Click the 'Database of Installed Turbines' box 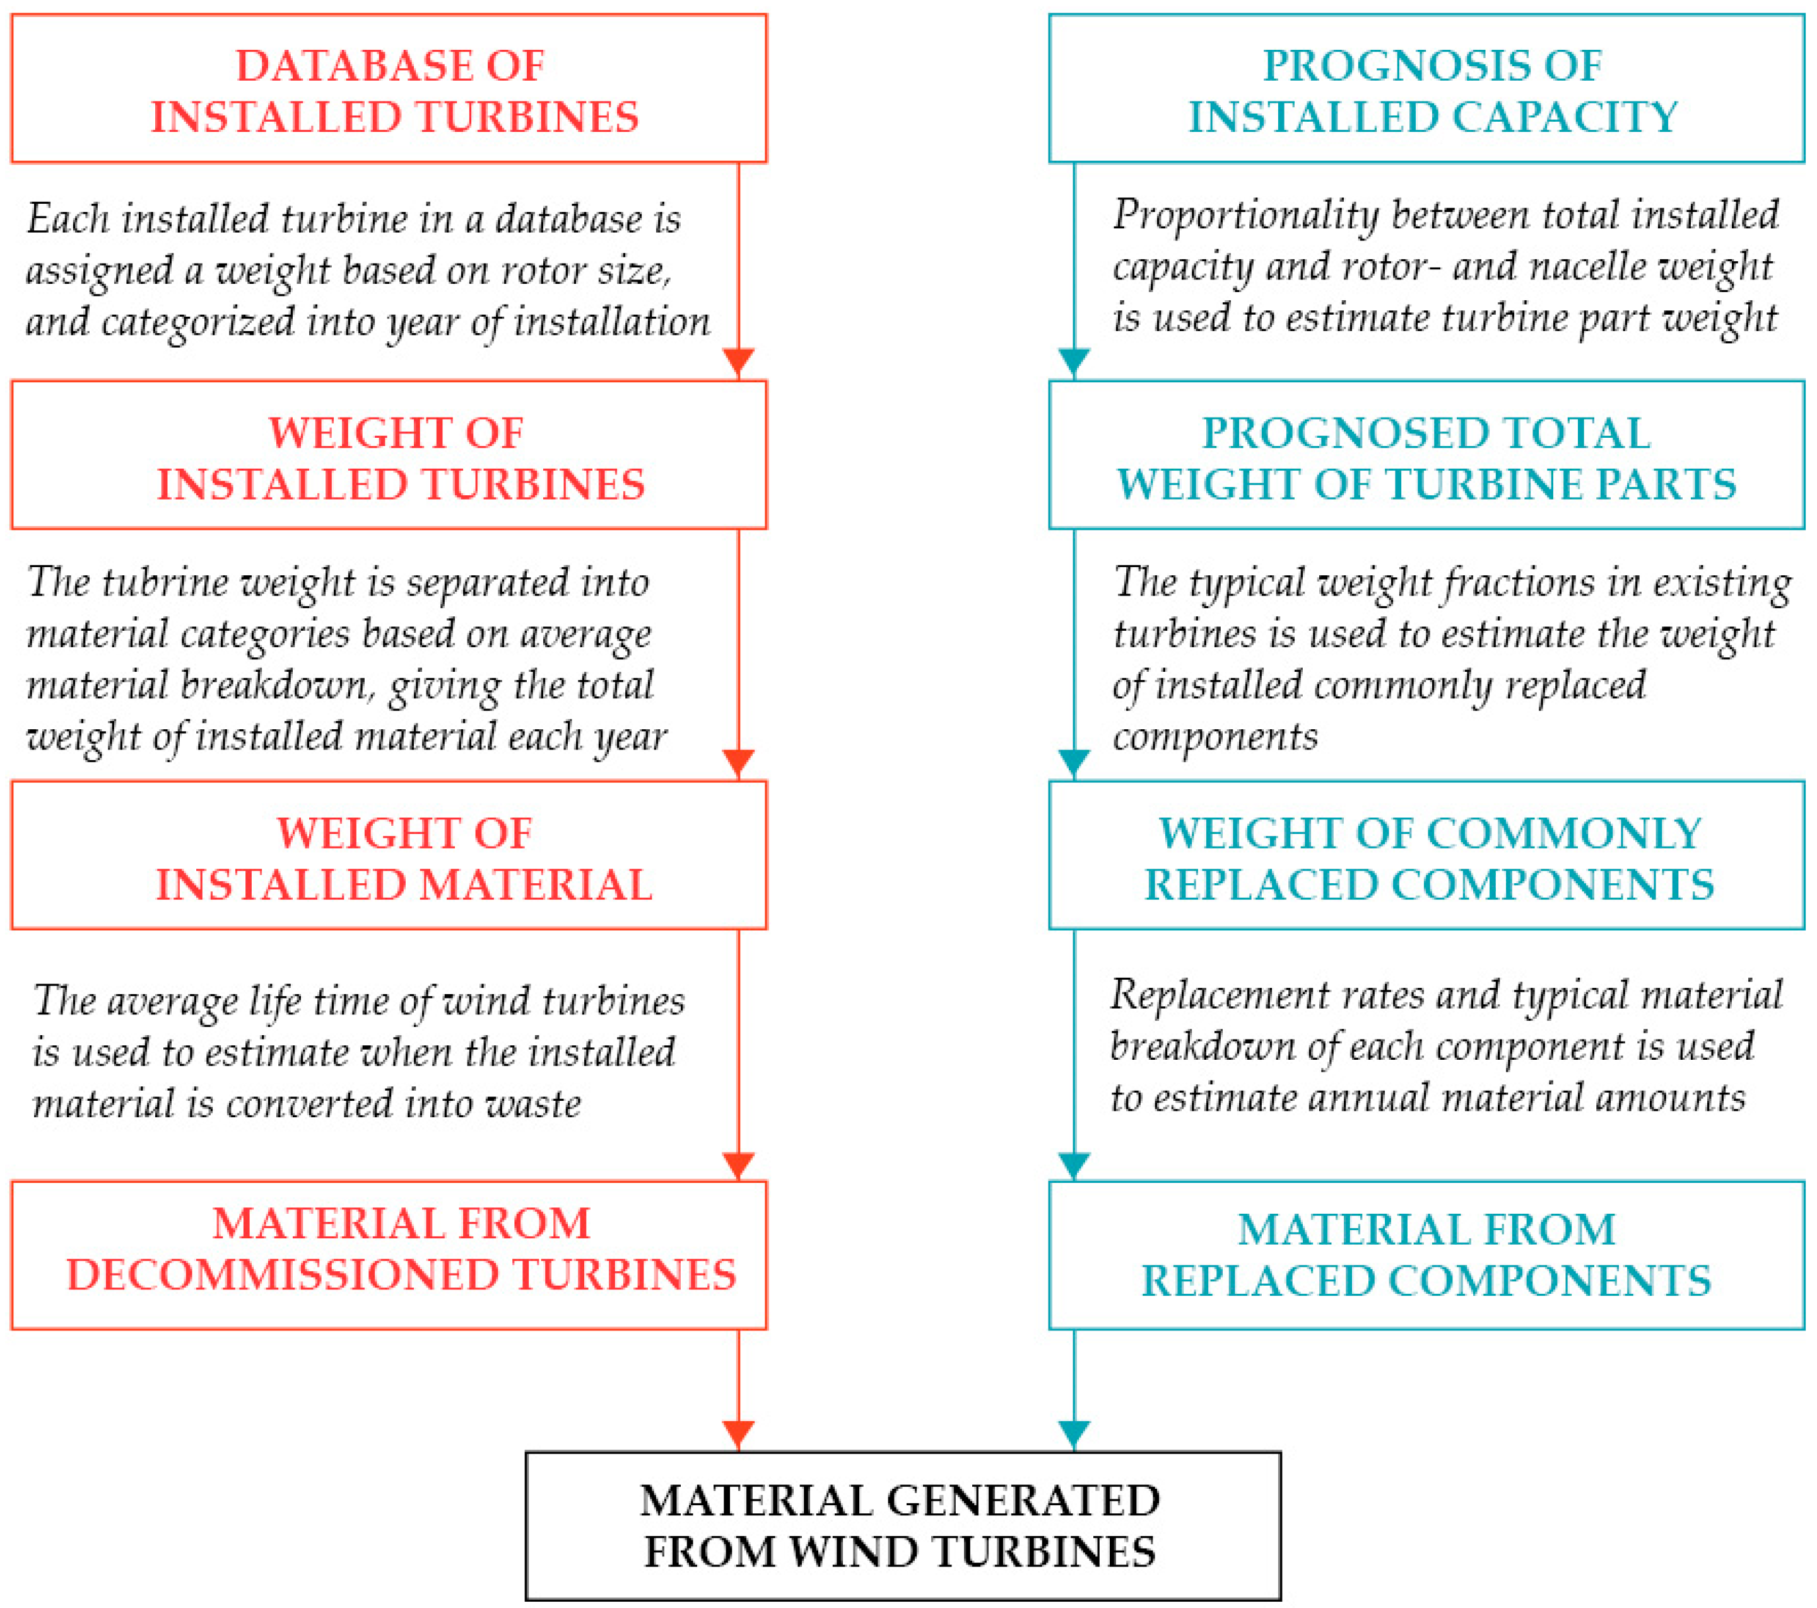389,89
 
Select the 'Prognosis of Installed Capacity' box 1426,89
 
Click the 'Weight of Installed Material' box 389,856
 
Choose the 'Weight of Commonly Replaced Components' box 1426,856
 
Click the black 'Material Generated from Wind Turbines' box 902,1526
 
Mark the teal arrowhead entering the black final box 1074,1435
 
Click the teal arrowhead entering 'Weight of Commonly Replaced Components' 1074,763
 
